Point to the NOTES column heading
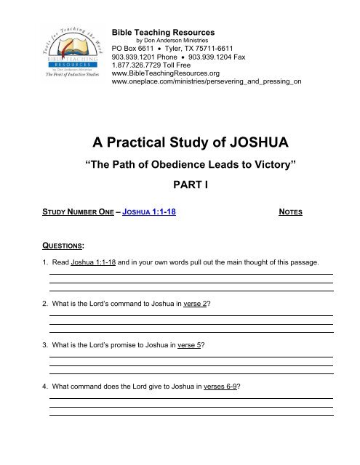tap(292, 213)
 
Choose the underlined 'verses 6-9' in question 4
tap(220, 386)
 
